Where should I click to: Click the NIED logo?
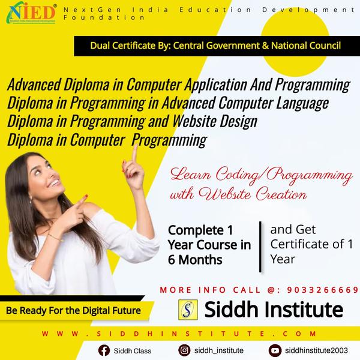(31, 13)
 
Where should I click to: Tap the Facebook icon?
(104, 350)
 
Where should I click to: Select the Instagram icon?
(184, 350)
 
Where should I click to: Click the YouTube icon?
(275, 350)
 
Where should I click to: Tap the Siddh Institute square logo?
(188, 310)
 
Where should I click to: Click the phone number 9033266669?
(323, 290)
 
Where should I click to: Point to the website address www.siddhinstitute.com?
(179, 334)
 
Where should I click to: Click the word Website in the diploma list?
(194, 121)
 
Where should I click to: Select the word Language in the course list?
(302, 104)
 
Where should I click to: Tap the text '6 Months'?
(195, 260)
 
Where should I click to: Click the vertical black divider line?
(260, 247)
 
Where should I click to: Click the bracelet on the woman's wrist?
(54, 237)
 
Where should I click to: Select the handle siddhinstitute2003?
(316, 350)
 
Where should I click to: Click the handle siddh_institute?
(219, 350)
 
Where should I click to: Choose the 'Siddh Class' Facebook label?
(133, 351)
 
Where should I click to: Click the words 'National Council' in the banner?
(306, 46)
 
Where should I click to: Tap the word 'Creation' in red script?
(281, 194)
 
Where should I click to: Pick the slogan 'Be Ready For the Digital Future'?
(73, 311)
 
